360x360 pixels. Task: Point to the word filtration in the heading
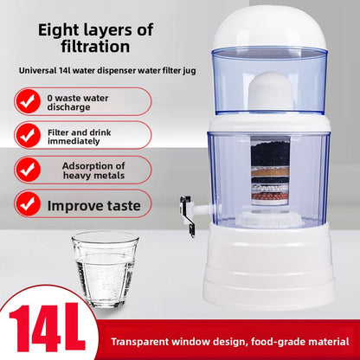click(84, 48)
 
